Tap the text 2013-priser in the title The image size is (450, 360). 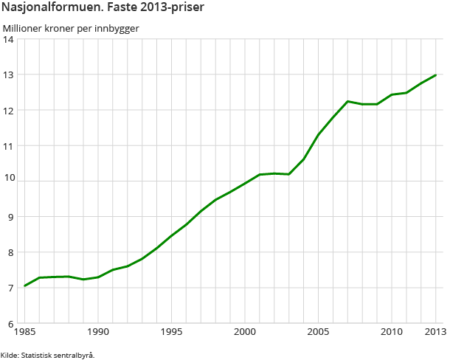[x=173, y=9]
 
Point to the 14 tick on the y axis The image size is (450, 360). [x=10, y=39]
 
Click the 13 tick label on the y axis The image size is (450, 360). [x=10, y=75]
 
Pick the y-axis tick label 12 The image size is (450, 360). [x=10, y=110]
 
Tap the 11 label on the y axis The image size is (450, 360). [x=10, y=145]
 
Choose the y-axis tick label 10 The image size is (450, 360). [x=10, y=181]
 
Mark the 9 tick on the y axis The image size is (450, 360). [x=12, y=217]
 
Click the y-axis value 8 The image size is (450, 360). [x=12, y=252]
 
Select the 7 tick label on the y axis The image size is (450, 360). [x=12, y=288]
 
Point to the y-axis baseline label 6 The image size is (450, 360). [x=12, y=323]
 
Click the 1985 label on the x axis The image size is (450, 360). [x=25, y=331]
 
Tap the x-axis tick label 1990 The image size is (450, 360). [x=98, y=331]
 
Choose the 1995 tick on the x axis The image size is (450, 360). [x=171, y=331]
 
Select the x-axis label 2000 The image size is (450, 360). [x=245, y=331]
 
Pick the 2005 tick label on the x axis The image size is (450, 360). [x=318, y=331]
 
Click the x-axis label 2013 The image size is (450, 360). [x=435, y=331]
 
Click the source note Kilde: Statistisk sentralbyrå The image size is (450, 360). [x=48, y=355]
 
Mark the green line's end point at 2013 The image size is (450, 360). [x=435, y=75]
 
